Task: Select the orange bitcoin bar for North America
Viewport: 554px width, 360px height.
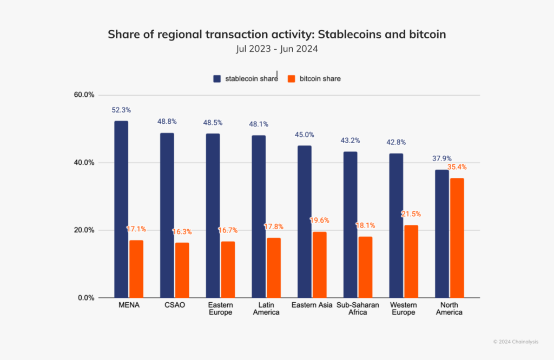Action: [x=457, y=237]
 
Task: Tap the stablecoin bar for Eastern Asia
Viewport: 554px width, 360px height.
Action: [x=305, y=221]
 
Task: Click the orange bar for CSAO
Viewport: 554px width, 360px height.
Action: [x=182, y=270]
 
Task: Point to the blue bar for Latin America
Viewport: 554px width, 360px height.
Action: [x=259, y=216]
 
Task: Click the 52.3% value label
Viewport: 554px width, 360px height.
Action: [x=121, y=110]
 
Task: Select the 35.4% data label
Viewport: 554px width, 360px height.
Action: [x=457, y=167]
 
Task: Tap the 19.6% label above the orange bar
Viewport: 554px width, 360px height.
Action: [x=320, y=221]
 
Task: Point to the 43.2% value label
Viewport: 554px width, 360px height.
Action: [x=351, y=141]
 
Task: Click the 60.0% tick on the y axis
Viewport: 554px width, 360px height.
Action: [x=84, y=95]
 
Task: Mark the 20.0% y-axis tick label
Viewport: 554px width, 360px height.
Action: [x=84, y=230]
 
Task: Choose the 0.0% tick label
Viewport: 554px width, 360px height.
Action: [x=85, y=298]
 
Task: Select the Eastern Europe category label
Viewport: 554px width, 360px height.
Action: [x=221, y=309]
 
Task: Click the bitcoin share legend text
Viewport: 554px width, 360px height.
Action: [x=320, y=79]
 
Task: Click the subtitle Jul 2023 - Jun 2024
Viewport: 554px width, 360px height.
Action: [x=276, y=49]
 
